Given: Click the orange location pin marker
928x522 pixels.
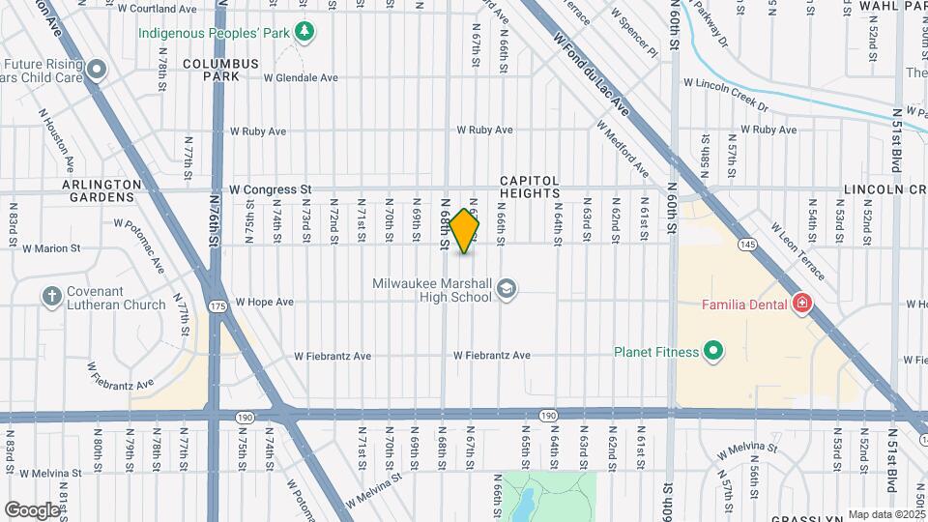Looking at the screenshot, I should [464, 231].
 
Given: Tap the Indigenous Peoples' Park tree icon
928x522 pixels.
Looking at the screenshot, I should [305, 33].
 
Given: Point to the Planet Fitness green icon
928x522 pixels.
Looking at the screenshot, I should [713, 352].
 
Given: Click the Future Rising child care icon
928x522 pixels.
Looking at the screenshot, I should [98, 70].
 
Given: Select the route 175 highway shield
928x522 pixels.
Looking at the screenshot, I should [217, 305].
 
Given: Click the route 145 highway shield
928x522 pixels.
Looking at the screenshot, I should [748, 244].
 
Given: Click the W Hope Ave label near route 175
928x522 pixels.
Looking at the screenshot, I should [264, 302].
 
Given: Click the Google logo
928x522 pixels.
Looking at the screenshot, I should [32, 509].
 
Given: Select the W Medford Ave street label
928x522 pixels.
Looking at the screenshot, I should [622, 149].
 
